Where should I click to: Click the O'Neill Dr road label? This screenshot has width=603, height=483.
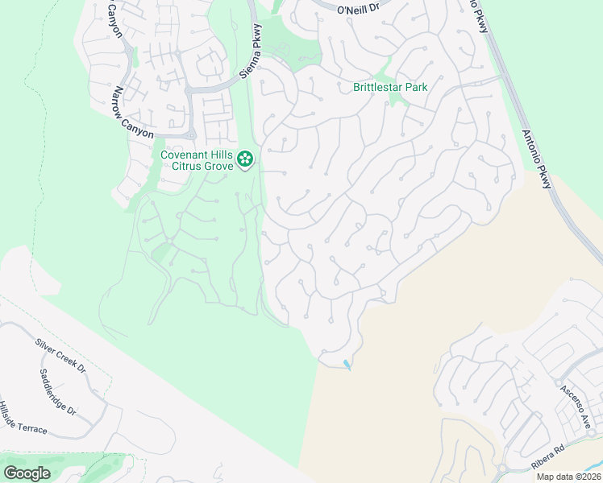click(358, 10)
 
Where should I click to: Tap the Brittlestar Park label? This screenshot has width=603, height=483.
click(390, 87)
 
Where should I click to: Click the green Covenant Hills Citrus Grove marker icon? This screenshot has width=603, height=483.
click(247, 159)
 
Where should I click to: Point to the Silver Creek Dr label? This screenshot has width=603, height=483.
click(60, 355)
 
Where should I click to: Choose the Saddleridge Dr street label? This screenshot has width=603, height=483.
click(57, 392)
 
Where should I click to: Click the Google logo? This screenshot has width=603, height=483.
click(27, 473)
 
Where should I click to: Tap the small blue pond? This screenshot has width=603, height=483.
click(347, 365)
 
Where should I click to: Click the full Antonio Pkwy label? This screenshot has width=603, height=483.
click(536, 159)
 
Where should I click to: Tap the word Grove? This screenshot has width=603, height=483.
click(221, 166)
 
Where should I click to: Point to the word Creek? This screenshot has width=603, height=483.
click(63, 356)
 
